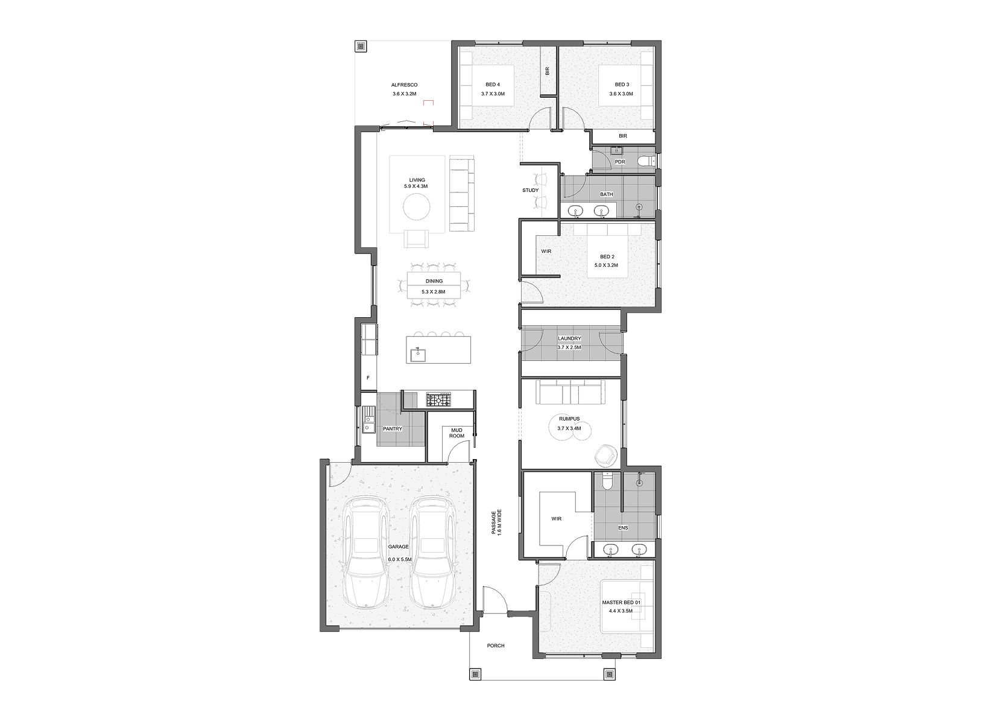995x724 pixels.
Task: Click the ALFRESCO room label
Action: pos(404,85)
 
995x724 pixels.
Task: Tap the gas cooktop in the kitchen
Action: pos(438,399)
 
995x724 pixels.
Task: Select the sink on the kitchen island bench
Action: pos(107,355)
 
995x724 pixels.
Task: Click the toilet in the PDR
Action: pos(645,161)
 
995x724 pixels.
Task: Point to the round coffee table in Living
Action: pos(417,207)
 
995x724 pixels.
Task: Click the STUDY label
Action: pos(531,190)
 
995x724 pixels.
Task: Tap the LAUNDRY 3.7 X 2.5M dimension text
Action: pos(569,348)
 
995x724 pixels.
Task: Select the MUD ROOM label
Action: pos(456,433)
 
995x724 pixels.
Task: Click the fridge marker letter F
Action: pos(368,378)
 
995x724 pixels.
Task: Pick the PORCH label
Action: pos(496,646)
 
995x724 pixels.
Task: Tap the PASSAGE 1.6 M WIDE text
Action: pos(496,529)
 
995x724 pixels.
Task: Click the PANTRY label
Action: pos(393,429)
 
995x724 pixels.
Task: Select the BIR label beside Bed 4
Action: pos(548,71)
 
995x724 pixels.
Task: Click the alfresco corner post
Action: pos(361,46)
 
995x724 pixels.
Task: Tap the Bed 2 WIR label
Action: pos(546,251)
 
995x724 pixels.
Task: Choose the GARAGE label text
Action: pos(398,547)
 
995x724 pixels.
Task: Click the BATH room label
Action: pos(606,194)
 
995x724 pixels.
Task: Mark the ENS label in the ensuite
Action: pos(623,527)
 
